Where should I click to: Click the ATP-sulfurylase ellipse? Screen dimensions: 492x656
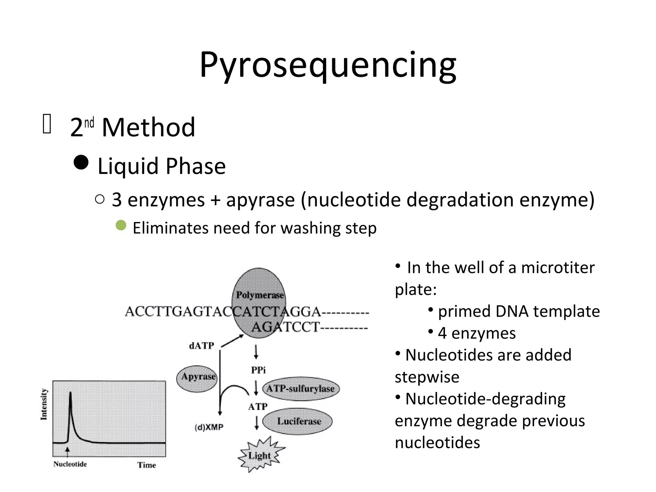[x=301, y=389]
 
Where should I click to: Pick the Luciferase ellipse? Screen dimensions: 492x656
[x=298, y=421]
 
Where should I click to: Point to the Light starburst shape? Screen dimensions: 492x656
[x=260, y=455]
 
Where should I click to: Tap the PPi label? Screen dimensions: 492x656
[x=258, y=370]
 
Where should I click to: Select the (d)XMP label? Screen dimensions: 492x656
[x=209, y=427]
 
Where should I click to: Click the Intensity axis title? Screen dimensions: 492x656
[x=44, y=404]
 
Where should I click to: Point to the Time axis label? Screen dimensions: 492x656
[x=147, y=465]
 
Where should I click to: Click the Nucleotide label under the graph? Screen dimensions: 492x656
[x=70, y=464]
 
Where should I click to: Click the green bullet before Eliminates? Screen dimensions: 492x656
[x=121, y=225]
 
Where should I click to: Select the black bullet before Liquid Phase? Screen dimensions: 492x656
[x=81, y=162]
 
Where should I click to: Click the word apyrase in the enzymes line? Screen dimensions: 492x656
[x=260, y=200]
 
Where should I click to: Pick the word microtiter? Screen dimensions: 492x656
[x=558, y=267]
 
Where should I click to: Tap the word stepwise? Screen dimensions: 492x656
[x=427, y=377]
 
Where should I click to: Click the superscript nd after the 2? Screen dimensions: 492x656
[x=89, y=123]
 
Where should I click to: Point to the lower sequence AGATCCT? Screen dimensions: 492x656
[x=285, y=327]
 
